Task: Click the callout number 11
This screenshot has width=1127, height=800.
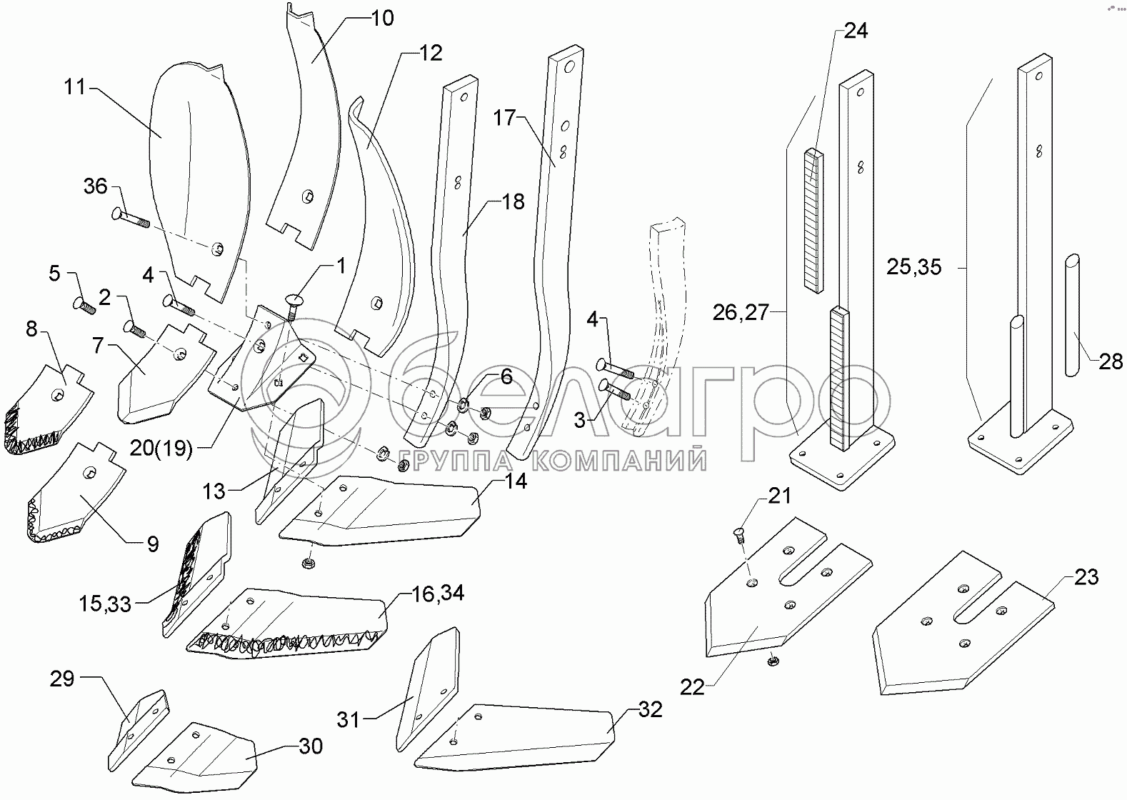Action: pyautogui.click(x=74, y=88)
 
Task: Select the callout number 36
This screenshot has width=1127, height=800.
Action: pyautogui.click(x=95, y=187)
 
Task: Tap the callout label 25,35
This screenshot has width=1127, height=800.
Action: pyautogui.click(x=913, y=268)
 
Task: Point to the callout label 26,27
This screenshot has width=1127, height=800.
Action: pyautogui.click(x=740, y=312)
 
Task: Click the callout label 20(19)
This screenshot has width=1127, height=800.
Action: pyautogui.click(x=161, y=449)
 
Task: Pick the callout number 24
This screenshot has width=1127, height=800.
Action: pyautogui.click(x=856, y=31)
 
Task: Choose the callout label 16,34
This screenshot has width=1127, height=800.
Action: pyautogui.click(x=438, y=593)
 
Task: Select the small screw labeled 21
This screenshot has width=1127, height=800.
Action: pyautogui.click(x=739, y=534)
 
